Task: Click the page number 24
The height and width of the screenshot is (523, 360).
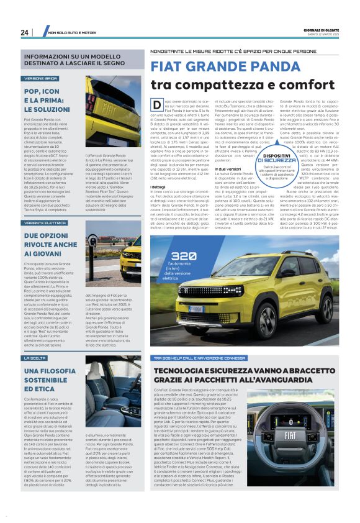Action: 25,32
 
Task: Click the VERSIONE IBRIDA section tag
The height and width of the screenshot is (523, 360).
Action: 41,79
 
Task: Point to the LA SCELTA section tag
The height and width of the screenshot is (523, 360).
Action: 35,358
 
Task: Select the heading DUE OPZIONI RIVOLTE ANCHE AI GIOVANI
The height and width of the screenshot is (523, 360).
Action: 50,245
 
